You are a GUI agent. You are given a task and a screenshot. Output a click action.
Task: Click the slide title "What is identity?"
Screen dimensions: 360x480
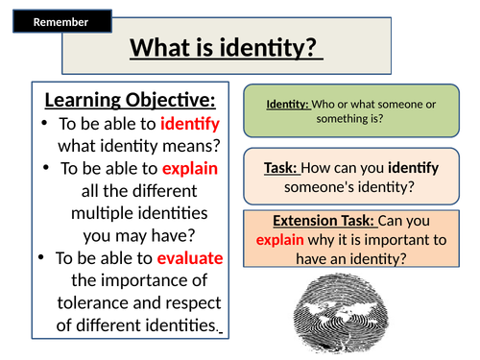[x=226, y=47]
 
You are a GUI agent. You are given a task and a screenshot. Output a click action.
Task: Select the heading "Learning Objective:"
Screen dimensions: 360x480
[x=130, y=101]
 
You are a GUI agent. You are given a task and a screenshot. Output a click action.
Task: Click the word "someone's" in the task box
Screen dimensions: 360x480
[x=314, y=186]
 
